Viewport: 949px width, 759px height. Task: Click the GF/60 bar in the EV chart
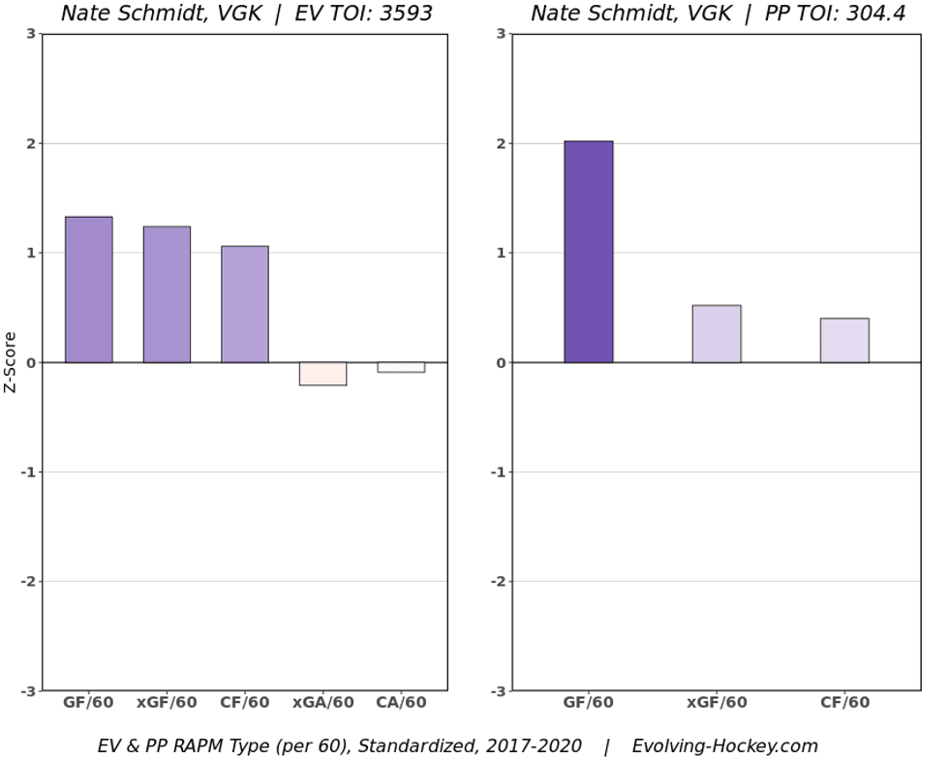[89, 289]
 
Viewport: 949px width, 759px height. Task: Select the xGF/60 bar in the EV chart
[167, 294]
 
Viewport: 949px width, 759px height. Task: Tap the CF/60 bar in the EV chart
[244, 304]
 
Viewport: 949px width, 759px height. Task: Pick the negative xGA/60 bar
[322, 374]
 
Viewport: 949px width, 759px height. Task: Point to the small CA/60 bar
[401, 367]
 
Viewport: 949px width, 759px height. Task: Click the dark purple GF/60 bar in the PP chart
[589, 252]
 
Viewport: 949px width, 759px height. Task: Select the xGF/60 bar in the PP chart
[717, 334]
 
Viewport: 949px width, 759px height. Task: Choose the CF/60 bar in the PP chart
[844, 340]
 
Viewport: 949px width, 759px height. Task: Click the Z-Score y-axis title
[11, 362]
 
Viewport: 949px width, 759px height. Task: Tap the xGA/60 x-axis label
[322, 703]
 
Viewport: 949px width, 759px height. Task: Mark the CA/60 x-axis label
[401, 703]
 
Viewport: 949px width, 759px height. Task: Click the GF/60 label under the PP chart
[589, 703]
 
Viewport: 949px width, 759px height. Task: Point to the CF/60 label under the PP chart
[844, 703]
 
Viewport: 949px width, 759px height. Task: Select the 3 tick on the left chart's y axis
[32, 34]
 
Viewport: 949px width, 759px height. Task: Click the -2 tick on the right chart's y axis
[500, 582]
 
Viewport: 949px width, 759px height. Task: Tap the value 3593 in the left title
[400, 14]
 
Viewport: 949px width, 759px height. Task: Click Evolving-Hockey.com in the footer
[724, 745]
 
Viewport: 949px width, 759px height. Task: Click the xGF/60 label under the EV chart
[167, 703]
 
